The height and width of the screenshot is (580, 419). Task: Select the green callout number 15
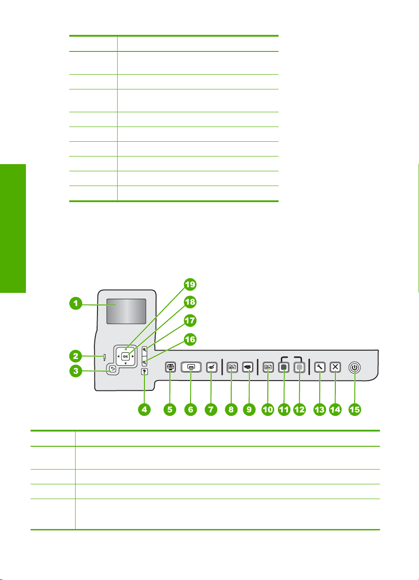[x=355, y=409]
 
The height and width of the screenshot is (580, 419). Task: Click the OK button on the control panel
[x=126, y=357]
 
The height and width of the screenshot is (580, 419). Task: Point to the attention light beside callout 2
[x=105, y=357]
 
